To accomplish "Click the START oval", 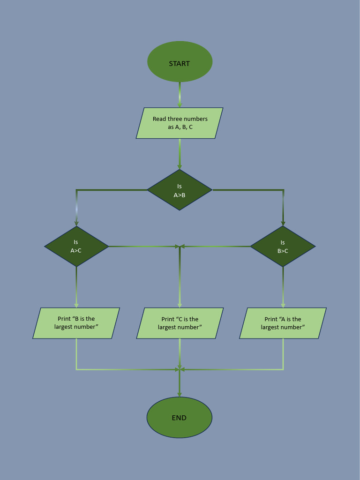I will coord(180,61).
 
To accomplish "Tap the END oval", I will coord(179,417).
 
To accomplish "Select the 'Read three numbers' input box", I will coord(180,123).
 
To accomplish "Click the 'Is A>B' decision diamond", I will coord(180,190).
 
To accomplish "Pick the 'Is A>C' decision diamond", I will coord(76,246).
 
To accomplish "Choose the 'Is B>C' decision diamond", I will coord(283,246).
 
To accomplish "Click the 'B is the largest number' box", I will coord(76,323).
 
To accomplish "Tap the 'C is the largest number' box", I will coord(180,323).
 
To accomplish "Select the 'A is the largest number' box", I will coord(283,323).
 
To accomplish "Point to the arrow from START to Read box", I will coord(180,95).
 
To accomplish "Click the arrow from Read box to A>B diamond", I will coord(180,154).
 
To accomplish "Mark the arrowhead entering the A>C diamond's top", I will coord(76,223).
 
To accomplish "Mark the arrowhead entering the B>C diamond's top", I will coord(283,223).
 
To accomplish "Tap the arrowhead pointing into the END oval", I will coord(180,394).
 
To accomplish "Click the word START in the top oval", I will coord(180,64).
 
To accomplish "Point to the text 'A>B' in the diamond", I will coord(180,195).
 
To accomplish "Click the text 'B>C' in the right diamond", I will coord(283,251).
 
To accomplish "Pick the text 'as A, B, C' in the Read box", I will coord(180,127).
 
